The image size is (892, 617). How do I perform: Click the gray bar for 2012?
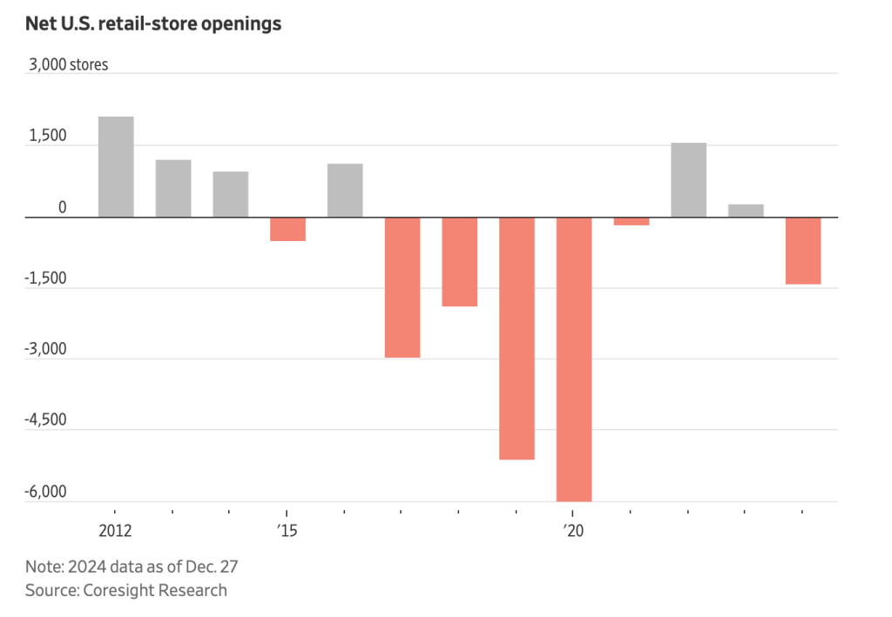tap(116, 166)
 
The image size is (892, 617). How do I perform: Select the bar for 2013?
tap(173, 188)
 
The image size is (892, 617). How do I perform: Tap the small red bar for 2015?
tap(287, 229)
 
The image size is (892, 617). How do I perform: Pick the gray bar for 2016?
tap(345, 190)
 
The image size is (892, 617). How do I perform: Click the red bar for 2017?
tap(402, 287)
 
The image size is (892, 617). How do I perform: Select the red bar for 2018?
tap(460, 261)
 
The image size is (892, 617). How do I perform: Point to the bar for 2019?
tap(517, 338)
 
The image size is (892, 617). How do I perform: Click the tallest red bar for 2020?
tap(574, 359)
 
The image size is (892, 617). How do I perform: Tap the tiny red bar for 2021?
tap(632, 221)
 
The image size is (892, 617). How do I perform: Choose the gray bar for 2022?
tap(688, 179)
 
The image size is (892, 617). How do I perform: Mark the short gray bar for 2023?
tap(746, 211)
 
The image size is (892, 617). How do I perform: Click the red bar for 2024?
tap(803, 251)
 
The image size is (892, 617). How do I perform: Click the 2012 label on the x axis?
tap(115, 531)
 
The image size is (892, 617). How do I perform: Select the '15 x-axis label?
tap(287, 531)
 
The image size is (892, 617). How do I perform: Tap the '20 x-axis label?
tap(573, 531)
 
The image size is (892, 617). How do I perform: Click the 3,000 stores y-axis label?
tap(69, 65)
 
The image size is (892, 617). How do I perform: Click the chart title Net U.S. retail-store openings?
tap(153, 24)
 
